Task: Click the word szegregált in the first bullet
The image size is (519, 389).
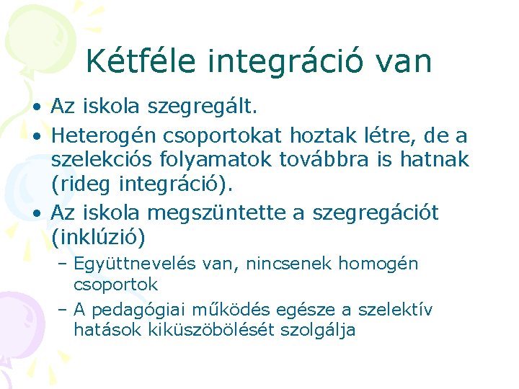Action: [201, 107]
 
